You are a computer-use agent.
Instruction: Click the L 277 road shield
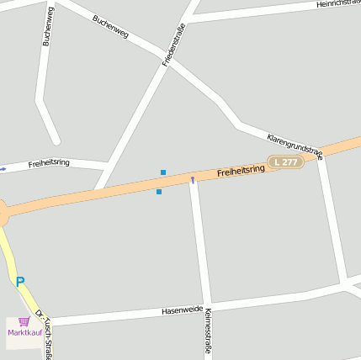[285, 161]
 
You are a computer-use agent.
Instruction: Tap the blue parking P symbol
[20, 282]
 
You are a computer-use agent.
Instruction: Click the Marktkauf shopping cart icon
[24, 322]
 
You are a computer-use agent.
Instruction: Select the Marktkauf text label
[24, 333]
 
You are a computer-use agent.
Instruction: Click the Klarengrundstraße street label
[294, 145]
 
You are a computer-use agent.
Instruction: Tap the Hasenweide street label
[183, 310]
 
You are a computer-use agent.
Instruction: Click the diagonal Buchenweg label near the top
[110, 27]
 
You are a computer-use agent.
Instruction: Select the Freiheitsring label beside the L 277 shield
[241, 171]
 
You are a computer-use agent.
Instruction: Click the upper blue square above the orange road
[163, 172]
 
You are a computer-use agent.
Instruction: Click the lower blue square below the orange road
[159, 192]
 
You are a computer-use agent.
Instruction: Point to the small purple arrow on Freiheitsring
[193, 179]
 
